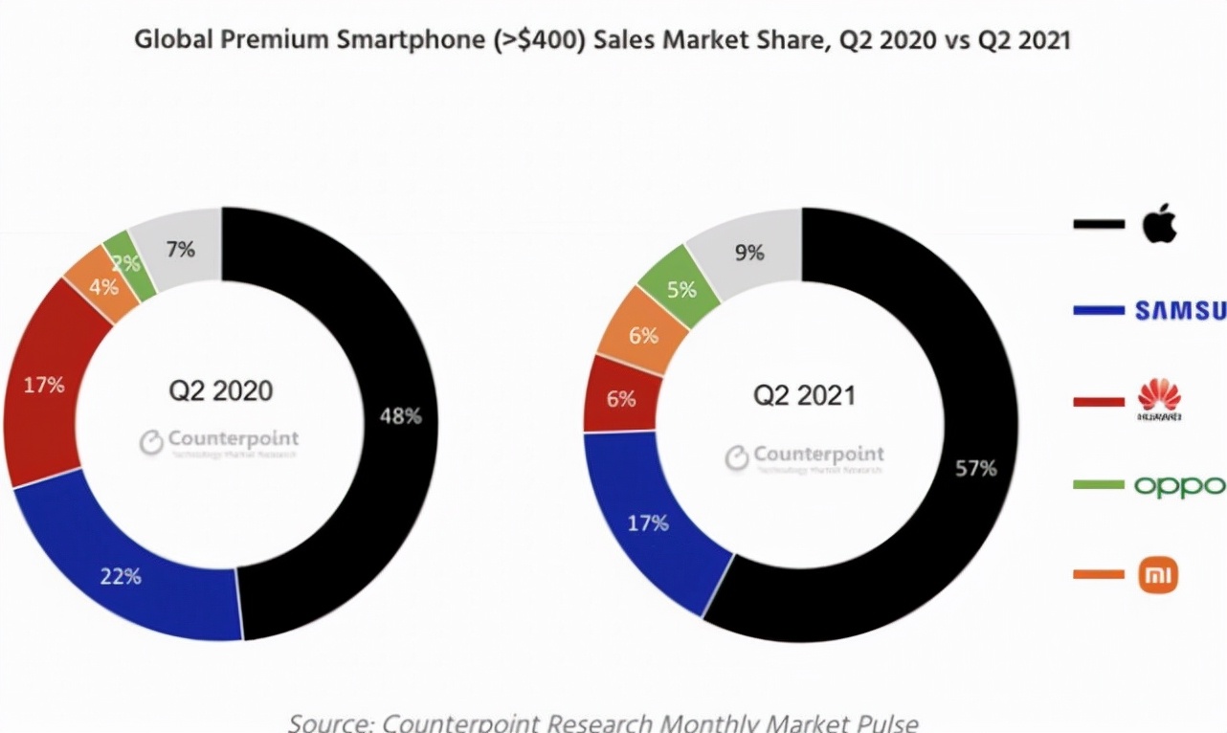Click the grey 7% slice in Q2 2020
coord(180,249)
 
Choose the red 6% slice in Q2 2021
coord(620,397)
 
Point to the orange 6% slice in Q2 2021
coord(643,335)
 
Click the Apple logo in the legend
coord(1159,225)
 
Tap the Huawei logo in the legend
coord(1159,400)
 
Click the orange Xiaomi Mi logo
coord(1158,575)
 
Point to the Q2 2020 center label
coord(221,390)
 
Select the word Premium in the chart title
coord(243,41)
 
